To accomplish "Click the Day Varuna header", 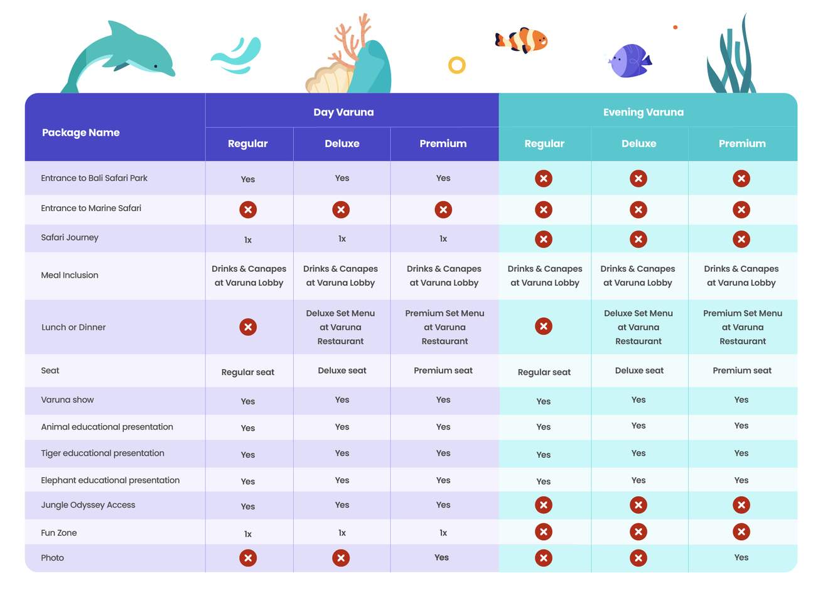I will (x=343, y=112).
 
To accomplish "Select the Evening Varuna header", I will (x=643, y=112).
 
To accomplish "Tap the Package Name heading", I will (x=80, y=133).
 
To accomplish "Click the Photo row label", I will (x=53, y=558).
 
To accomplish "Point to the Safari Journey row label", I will (x=70, y=237).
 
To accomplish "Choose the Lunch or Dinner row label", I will (x=73, y=327).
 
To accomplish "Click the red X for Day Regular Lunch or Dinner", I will (x=248, y=327).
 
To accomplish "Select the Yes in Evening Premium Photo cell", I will (x=741, y=557).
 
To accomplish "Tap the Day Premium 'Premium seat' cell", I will (x=443, y=371).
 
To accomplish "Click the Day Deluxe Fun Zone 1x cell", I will (x=342, y=533).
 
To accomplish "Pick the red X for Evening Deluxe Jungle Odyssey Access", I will (x=638, y=505).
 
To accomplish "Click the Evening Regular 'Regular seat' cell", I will (x=544, y=372).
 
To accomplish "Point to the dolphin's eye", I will (x=156, y=66).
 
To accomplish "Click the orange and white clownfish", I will (x=523, y=41).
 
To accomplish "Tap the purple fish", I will (x=630, y=61).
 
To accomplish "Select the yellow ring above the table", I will (x=457, y=65).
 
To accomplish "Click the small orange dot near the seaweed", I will (x=675, y=28).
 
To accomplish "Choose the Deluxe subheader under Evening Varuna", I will (x=638, y=144).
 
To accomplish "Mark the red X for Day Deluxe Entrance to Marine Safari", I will (x=341, y=210).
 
